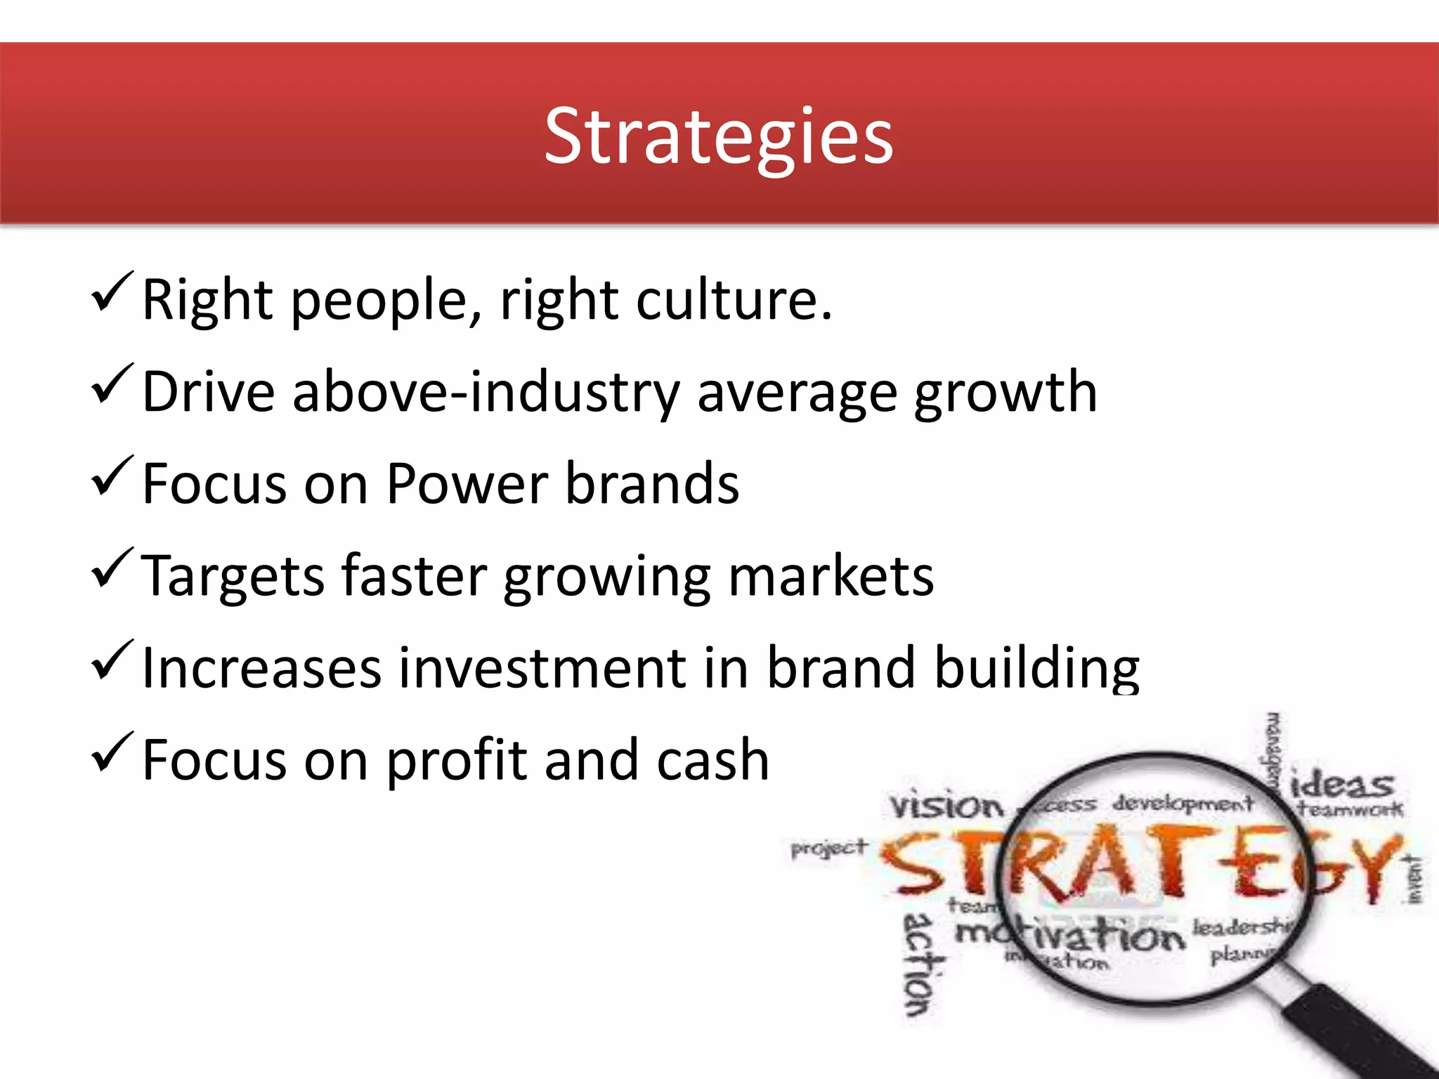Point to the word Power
click(x=467, y=484)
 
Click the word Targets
click(x=232, y=576)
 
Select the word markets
click(x=831, y=576)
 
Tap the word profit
click(x=457, y=761)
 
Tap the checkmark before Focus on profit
click(x=111, y=752)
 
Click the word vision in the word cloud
click(x=946, y=806)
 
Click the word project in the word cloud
click(x=829, y=849)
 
